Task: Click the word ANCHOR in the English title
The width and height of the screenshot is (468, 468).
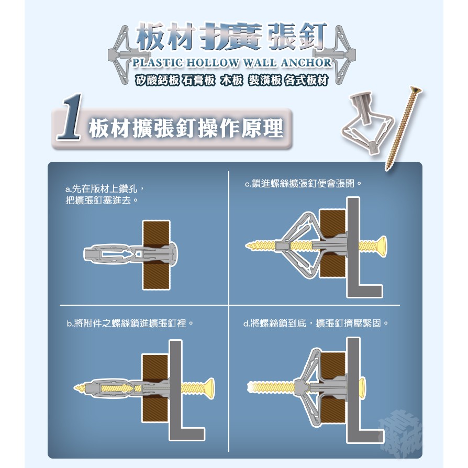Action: [x=306, y=62]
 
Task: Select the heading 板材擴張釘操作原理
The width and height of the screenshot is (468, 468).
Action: [x=186, y=129]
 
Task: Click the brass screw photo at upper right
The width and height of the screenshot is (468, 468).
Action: [x=403, y=128]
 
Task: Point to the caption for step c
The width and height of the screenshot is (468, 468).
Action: [x=303, y=183]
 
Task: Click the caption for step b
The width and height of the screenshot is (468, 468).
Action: [x=130, y=323]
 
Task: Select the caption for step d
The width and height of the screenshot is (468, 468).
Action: [x=316, y=323]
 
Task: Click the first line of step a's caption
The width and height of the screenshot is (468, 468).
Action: [x=105, y=188]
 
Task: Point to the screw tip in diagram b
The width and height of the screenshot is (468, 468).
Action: [x=78, y=388]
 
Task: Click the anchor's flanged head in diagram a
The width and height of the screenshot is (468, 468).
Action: [x=173, y=254]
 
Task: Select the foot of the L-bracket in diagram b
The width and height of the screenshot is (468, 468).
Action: [x=193, y=434]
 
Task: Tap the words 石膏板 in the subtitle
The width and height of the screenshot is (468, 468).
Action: [x=198, y=80]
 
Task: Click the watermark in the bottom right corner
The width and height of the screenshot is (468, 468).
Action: [x=400, y=433]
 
